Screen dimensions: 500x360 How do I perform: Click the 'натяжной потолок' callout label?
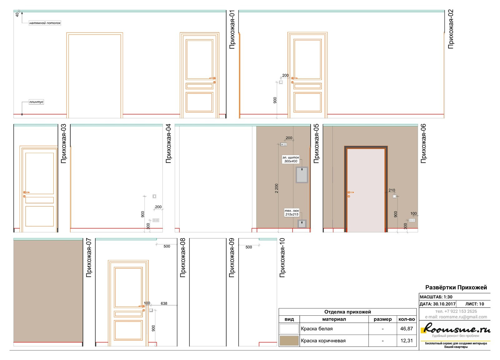45,23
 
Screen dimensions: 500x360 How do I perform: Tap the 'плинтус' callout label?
36,102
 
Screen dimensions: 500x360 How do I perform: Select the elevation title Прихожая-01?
232,29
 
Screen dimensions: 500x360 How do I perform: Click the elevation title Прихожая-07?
89,258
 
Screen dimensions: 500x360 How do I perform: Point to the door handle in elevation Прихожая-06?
350,192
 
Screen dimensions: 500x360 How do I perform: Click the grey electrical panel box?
302,175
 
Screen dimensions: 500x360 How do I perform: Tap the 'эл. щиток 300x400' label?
291,159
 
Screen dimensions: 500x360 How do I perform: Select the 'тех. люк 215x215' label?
292,212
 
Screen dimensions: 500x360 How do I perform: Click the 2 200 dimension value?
277,188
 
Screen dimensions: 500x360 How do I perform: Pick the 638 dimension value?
164,303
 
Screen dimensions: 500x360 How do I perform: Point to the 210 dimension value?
392,190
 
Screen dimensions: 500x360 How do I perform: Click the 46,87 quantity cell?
407,328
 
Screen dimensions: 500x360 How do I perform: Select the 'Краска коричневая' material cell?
323,341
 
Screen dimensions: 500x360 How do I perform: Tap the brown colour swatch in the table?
289,341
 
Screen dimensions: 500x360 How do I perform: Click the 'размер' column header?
382,319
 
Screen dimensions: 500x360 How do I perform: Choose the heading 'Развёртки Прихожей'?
456,287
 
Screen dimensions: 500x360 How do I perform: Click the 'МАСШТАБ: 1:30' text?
436,297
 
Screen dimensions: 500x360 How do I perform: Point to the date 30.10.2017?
444,304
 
